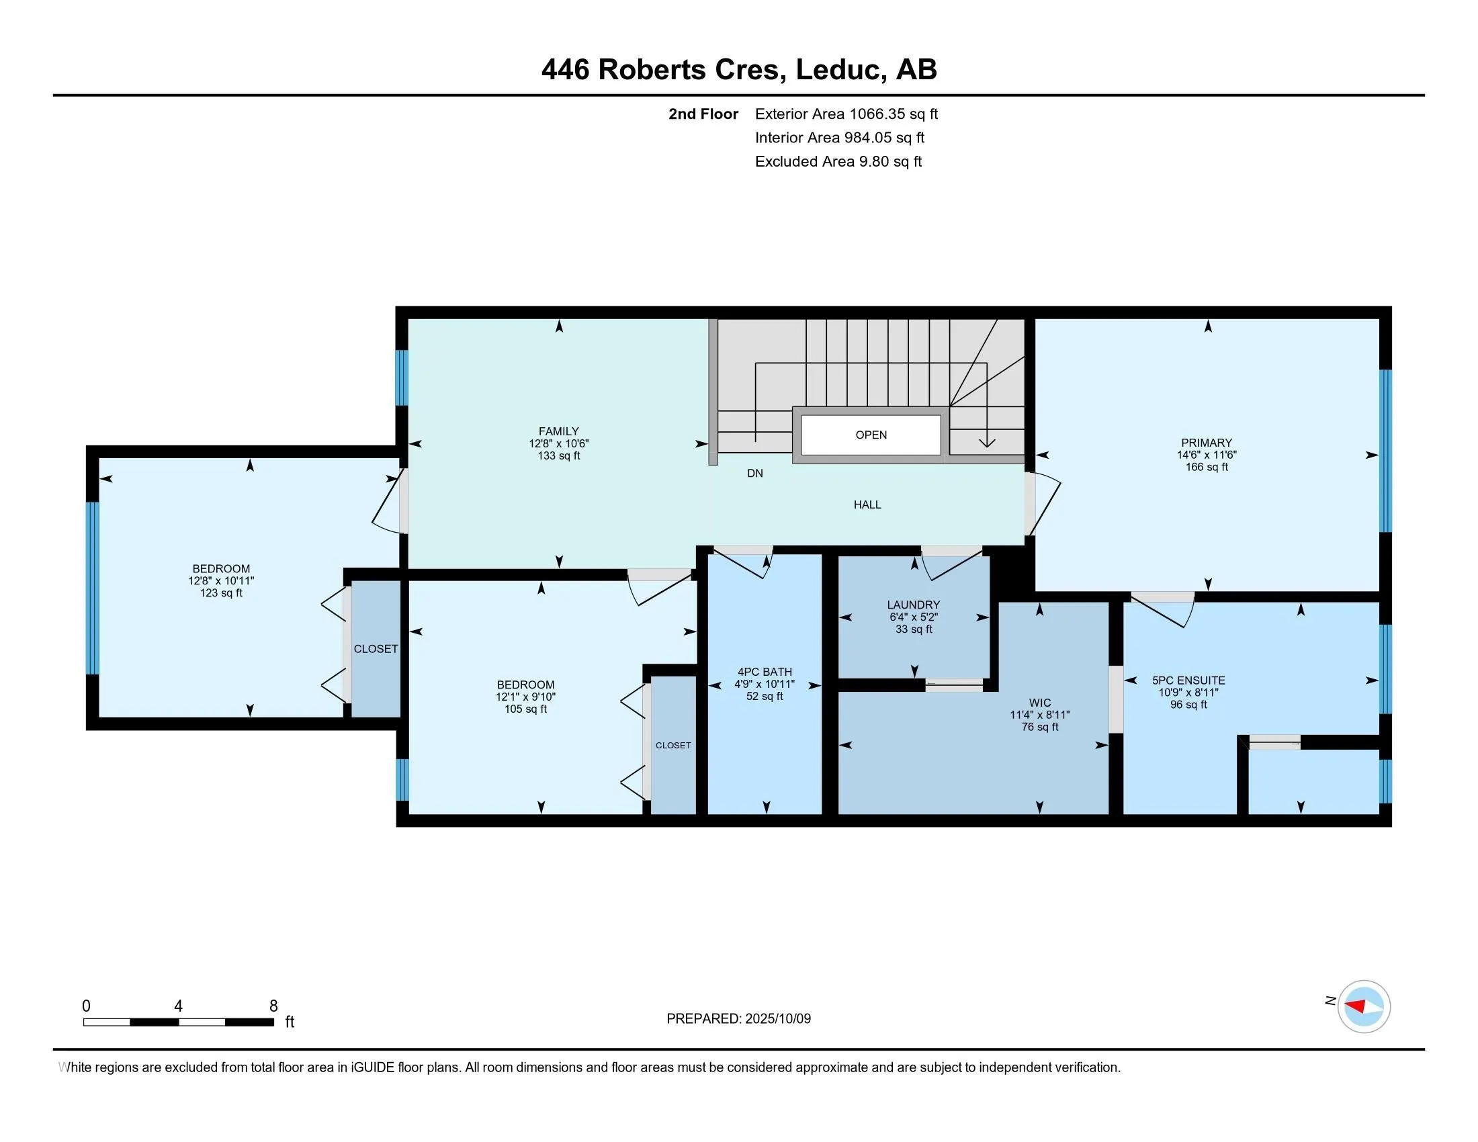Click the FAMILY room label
coord(558,431)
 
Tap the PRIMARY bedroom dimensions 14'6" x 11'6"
coord(1206,455)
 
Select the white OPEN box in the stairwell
coord(870,435)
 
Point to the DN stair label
coord(754,474)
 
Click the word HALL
coord(867,504)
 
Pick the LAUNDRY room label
coord(913,605)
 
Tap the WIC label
coord(1039,703)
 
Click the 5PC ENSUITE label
coord(1188,680)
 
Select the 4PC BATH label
coord(764,672)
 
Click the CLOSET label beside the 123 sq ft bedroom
coord(376,649)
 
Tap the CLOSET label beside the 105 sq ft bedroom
coord(672,746)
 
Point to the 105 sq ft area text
coord(525,709)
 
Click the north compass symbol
coord(1363,1006)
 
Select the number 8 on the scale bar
coord(273,1006)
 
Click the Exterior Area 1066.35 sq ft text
coord(846,114)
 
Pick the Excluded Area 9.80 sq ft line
coord(838,162)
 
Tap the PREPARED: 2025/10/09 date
coord(738,1019)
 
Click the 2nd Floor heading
coord(703,114)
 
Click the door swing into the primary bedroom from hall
coord(1043,503)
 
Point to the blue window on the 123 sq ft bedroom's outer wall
coord(93,587)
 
